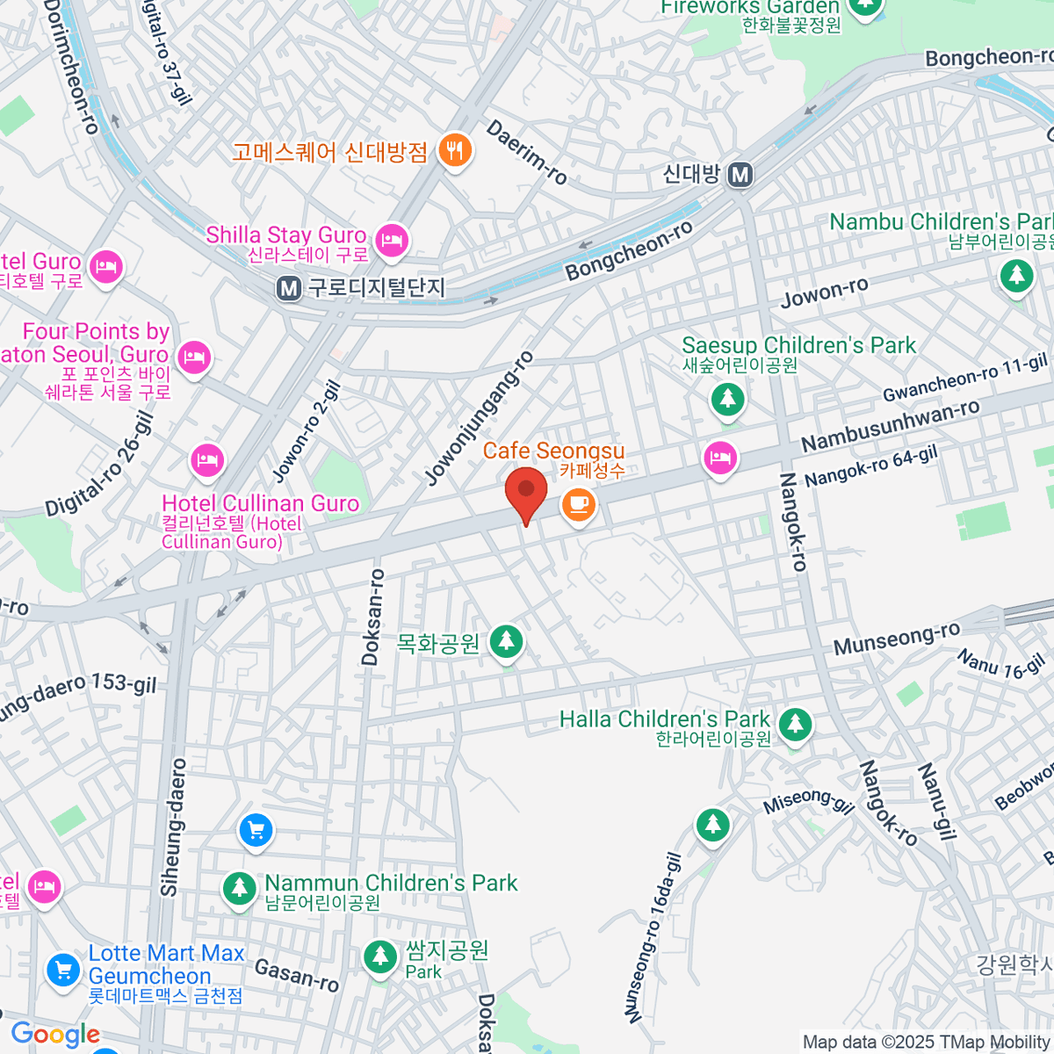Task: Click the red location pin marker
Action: coord(526,492)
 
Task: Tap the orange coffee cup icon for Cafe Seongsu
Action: coord(577,504)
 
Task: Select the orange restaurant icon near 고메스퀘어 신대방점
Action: coord(454,151)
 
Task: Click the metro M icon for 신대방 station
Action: coord(740,175)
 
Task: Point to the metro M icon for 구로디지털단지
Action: coord(288,288)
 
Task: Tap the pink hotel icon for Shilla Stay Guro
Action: coord(392,239)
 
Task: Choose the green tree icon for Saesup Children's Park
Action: coord(727,400)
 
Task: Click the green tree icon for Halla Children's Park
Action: coord(796,725)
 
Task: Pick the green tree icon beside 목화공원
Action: coord(506,641)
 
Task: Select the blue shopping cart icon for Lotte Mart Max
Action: coord(62,970)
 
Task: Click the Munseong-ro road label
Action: coord(897,639)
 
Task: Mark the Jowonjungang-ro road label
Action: coord(480,418)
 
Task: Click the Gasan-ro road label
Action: coord(297,975)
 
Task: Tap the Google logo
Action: coord(55,1035)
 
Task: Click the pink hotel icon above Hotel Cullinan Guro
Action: coord(207,458)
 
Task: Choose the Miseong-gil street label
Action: coord(808,800)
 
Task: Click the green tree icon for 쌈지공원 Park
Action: coord(380,957)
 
